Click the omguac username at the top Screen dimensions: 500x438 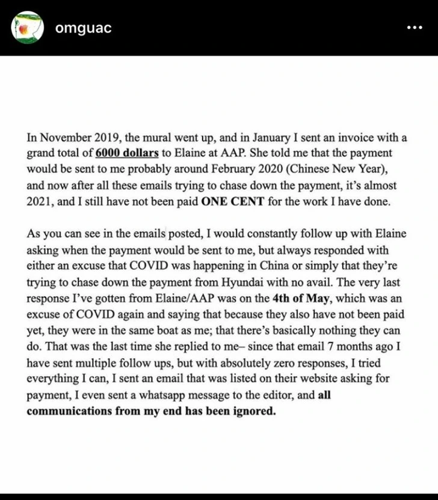pyautogui.click(x=83, y=28)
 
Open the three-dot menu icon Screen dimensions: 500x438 pyautogui.click(x=415, y=28)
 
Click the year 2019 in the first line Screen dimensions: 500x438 pyautogui.click(x=107, y=136)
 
